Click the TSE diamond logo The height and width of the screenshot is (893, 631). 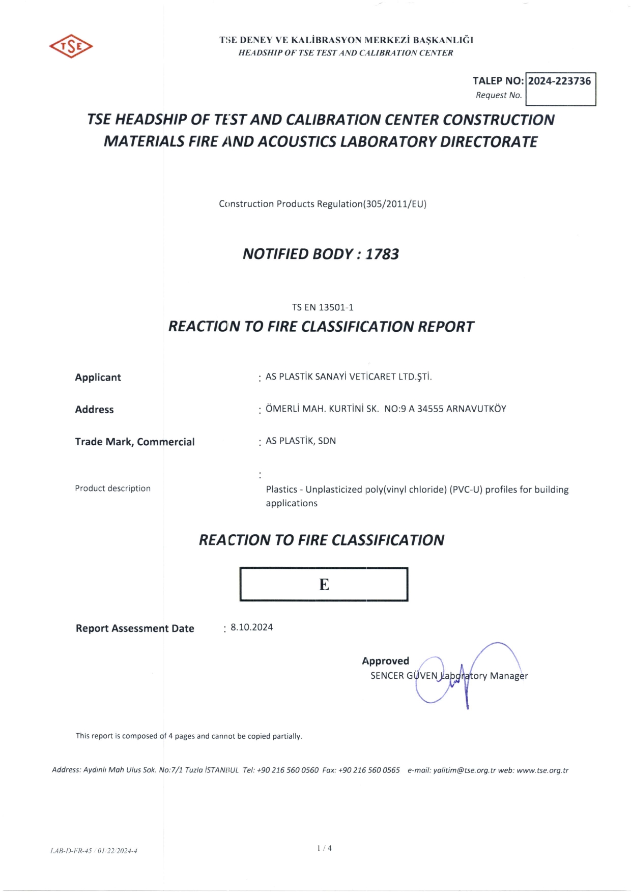(71, 46)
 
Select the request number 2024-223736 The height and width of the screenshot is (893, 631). (559, 81)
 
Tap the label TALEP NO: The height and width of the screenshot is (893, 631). (498, 81)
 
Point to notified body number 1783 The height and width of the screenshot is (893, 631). (382, 254)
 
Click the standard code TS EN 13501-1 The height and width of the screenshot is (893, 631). (323, 307)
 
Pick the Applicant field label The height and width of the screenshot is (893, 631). (98, 378)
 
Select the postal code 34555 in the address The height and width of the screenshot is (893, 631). (431, 409)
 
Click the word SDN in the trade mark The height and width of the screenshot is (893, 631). (327, 441)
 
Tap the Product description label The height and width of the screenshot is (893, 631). (112, 488)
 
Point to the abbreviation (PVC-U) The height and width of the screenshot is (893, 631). (466, 489)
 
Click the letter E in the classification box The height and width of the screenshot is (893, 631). (324, 585)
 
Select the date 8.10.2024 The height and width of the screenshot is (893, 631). (251, 627)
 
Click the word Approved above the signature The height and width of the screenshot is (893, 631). (385, 661)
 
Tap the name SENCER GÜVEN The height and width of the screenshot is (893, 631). (404, 676)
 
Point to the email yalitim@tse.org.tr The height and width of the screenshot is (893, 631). (464, 770)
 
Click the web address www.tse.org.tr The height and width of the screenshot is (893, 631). (542, 770)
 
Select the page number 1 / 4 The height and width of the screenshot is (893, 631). (324, 848)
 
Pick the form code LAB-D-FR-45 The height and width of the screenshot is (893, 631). (71, 851)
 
